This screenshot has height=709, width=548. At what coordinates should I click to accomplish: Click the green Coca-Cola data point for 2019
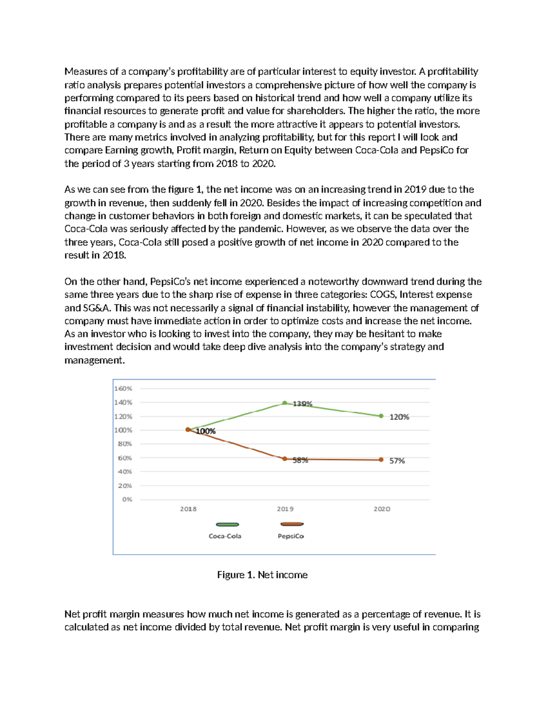[285, 403]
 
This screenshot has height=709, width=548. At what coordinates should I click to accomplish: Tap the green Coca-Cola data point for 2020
[381, 416]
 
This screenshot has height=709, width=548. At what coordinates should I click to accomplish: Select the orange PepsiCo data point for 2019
[285, 459]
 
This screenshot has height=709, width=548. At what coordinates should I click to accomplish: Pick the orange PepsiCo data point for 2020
[381, 460]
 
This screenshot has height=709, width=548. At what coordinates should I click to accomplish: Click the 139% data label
[302, 404]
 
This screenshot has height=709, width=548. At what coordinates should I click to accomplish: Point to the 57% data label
[397, 461]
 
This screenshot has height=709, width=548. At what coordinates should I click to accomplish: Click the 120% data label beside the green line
[399, 417]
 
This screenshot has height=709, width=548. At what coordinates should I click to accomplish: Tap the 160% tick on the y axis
[123, 389]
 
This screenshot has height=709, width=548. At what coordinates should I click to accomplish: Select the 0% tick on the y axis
[127, 499]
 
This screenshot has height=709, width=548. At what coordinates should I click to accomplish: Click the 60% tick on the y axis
[125, 458]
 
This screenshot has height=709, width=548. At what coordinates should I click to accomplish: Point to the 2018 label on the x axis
[188, 509]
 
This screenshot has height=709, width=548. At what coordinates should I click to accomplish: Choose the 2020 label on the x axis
[382, 509]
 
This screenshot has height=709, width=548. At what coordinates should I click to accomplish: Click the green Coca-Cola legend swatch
[227, 525]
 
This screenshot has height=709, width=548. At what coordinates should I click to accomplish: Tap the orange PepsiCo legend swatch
[292, 524]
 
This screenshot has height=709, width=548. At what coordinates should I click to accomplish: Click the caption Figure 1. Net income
[262, 575]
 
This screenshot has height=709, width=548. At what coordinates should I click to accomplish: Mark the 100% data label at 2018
[205, 431]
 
